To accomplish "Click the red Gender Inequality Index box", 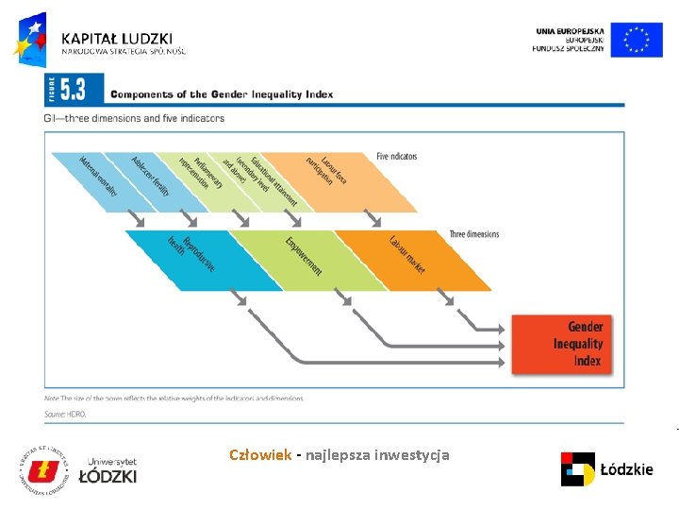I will pos(566,343).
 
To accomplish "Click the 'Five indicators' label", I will pos(396,156).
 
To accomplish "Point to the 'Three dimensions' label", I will pos(474,234).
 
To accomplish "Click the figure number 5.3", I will pos(73,91).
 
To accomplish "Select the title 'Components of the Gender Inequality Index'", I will pos(222,94).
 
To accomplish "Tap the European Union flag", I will pos(637,40).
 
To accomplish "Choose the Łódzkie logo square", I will pos(577,468).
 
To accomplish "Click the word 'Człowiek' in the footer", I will pos(260,455).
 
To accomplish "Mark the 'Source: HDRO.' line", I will pos(65,414).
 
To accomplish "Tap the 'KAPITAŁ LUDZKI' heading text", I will pos(117,38).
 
